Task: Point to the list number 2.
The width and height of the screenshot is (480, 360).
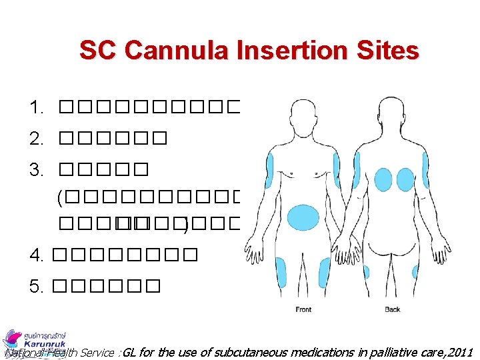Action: point(36,139)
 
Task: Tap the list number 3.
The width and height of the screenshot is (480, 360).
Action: point(36,170)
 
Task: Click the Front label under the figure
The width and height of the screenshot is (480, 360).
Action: point(303,309)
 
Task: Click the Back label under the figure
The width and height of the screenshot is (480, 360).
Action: point(393,309)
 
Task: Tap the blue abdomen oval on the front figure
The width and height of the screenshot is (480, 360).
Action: point(303,218)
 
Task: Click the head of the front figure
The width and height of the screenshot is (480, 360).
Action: point(303,114)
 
